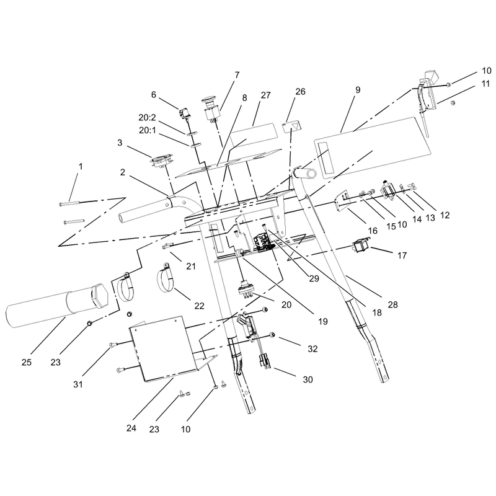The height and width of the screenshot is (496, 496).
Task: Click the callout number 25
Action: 27,362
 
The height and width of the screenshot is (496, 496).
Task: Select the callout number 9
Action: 358,90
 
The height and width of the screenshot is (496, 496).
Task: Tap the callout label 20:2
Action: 147,118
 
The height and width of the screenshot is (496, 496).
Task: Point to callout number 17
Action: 402,255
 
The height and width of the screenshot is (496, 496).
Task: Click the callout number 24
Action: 131,428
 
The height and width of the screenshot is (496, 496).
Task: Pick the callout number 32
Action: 312,348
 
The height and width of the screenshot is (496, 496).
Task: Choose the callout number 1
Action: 81,166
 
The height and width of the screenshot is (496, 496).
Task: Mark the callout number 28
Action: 392,304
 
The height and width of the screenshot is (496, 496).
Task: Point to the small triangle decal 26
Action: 291,127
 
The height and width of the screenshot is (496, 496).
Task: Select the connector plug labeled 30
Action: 265,361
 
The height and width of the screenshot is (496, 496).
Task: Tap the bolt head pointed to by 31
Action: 112,345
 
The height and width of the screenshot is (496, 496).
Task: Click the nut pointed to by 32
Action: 272,335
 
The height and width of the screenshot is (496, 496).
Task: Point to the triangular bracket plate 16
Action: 342,200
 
